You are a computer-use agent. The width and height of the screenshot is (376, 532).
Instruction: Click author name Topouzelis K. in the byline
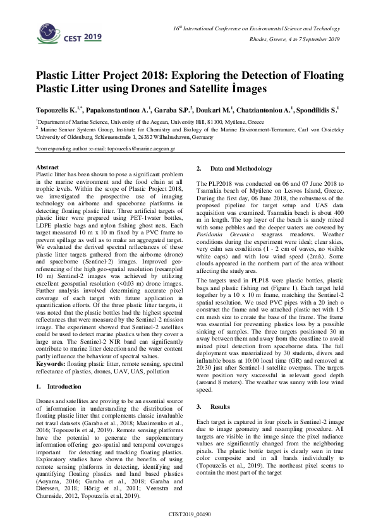point(60,109)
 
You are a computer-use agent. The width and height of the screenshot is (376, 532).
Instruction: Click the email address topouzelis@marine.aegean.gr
point(131,150)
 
